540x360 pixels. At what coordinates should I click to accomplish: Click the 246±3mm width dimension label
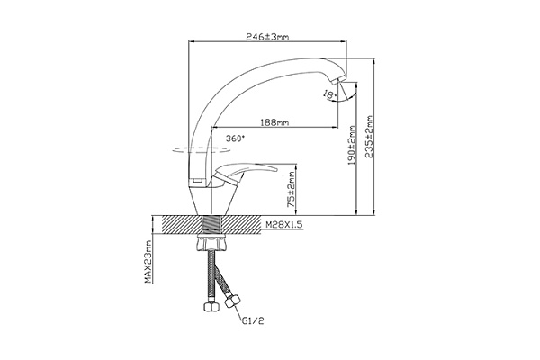point(267,37)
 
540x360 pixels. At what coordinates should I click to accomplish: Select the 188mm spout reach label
point(274,122)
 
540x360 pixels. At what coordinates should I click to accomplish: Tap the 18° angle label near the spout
point(330,94)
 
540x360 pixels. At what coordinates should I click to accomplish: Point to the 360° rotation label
point(236,139)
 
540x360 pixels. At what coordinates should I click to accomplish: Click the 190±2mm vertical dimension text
point(351,145)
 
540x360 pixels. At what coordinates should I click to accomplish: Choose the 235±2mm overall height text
point(369,137)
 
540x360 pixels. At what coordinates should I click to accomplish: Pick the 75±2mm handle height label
point(292,190)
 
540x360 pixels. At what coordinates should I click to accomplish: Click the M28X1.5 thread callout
point(283,225)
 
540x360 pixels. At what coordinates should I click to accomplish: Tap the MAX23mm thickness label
point(148,262)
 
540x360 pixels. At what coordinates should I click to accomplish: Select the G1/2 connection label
point(253,321)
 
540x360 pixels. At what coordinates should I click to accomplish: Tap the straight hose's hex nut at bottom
point(210,307)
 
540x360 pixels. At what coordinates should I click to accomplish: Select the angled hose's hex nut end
point(232,301)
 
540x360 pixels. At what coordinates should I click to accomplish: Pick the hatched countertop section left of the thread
point(181,225)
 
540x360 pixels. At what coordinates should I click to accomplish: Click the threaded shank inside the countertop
point(212,225)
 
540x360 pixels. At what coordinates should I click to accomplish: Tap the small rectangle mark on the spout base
point(197,181)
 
